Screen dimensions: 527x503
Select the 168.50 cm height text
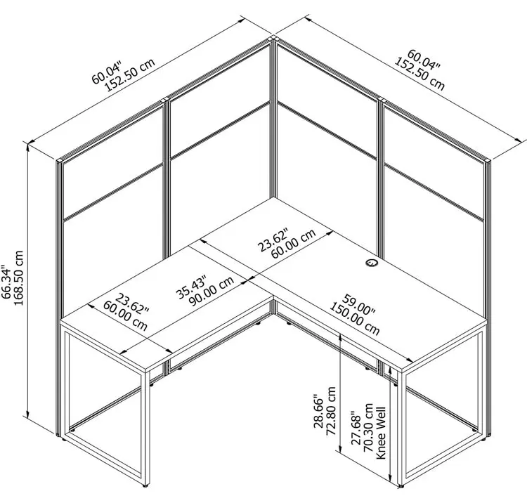18,277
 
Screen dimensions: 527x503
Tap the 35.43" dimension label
192,287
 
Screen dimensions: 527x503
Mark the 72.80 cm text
331,410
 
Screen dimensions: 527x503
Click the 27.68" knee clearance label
356,428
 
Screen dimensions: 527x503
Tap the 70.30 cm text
369,427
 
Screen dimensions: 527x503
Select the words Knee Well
381,433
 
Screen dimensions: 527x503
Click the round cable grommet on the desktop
372,263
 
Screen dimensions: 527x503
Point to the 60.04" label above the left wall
106,72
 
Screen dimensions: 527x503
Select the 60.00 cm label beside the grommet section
294,244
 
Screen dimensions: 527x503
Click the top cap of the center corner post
273,38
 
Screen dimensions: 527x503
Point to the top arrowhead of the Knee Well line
390,370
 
